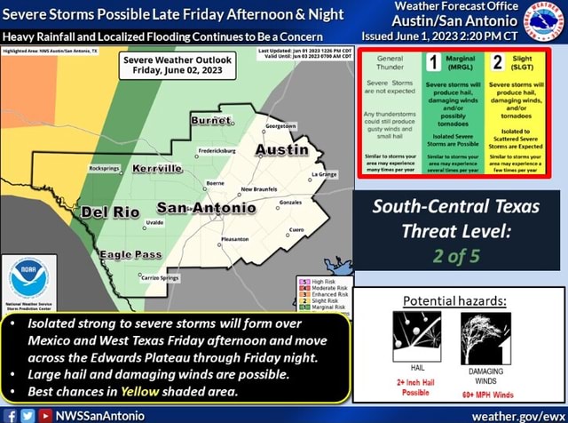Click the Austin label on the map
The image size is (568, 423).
282,150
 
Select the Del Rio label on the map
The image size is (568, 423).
110,212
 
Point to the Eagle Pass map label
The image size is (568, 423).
130,254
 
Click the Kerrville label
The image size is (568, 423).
158,169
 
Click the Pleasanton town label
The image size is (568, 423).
233,238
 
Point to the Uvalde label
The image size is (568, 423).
154,222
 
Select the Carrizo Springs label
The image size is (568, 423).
161,277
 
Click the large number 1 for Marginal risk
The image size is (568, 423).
432,61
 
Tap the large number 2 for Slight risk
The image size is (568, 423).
498,61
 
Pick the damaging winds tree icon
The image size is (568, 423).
484,335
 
